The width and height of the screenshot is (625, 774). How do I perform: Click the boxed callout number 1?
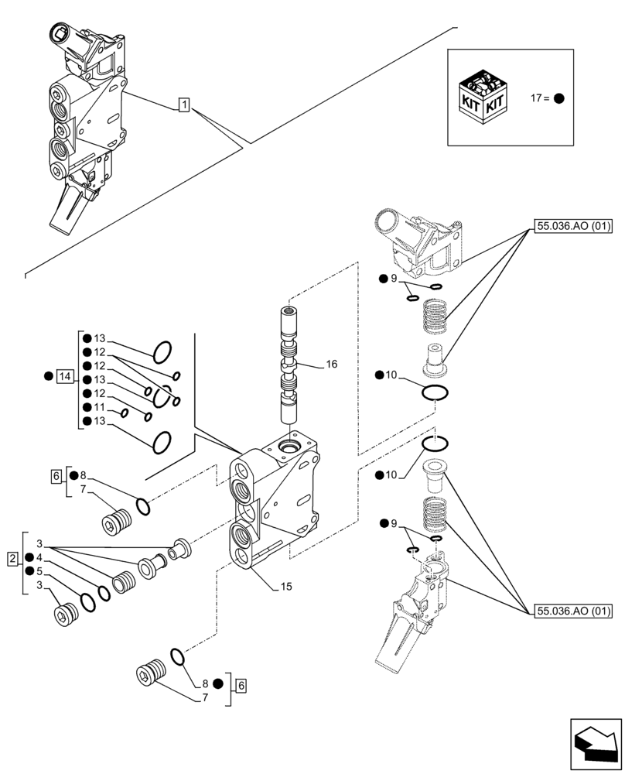[x=183, y=104]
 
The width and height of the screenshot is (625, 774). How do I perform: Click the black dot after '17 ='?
[x=559, y=99]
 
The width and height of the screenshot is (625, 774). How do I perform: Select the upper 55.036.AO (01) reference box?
[x=572, y=227]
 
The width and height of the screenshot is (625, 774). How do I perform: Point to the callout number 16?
[x=332, y=364]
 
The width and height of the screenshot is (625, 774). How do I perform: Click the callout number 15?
[x=286, y=587]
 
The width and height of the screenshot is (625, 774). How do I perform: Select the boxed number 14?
[x=66, y=377]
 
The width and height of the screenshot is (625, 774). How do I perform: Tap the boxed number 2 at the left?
[x=13, y=558]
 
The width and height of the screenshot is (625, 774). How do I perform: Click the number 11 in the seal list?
[x=99, y=406]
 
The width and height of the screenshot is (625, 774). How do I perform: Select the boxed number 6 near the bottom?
[x=241, y=684]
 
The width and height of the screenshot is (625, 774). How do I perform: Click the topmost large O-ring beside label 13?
[x=161, y=352]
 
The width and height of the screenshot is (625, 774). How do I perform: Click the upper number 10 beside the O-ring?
[x=391, y=375]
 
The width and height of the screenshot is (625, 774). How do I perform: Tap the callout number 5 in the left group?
[x=39, y=571]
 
